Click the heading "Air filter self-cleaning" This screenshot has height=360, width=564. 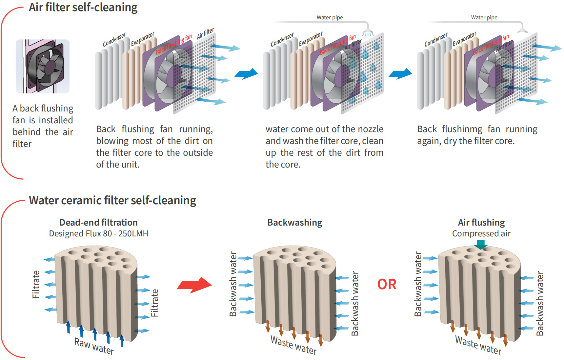click(83, 7)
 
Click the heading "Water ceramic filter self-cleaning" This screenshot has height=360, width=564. click(112, 200)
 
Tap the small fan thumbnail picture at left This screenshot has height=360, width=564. click(43, 66)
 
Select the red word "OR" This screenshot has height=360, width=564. click(387, 284)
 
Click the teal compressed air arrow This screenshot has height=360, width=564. click(481, 245)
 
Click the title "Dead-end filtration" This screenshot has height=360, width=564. click(98, 222)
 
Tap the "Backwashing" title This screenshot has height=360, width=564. click(294, 222)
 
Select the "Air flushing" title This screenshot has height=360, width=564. click(481, 222)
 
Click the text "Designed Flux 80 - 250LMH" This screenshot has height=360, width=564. click(98, 233)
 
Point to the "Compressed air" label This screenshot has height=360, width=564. click(481, 233)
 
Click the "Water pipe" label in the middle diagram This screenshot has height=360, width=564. click(330, 17)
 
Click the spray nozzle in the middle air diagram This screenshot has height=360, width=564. click(368, 31)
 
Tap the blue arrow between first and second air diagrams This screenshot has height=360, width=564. click(246, 74)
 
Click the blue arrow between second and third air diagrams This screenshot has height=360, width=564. click(400, 74)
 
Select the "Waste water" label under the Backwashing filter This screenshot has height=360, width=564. click(293, 346)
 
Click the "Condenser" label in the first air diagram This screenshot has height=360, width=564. click(114, 40)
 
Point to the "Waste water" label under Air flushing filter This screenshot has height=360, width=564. click(478, 346)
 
